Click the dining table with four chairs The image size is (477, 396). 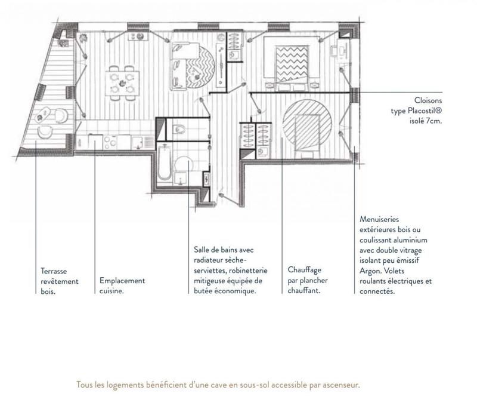(121, 81)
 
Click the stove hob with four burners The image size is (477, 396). (111, 142)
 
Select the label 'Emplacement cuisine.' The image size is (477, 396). (122, 286)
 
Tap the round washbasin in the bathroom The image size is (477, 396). (184, 164)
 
